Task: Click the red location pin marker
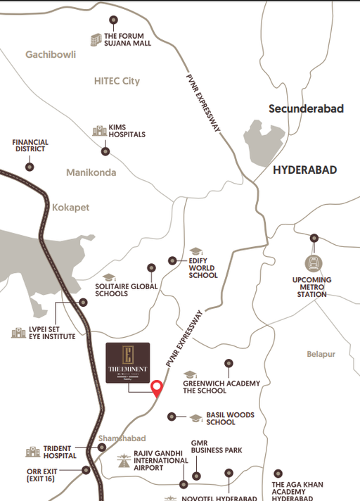[157, 387]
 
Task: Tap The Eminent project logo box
[127, 362]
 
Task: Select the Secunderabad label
[306, 108]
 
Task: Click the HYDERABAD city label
[304, 170]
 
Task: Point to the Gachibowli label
[50, 54]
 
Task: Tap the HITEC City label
[117, 81]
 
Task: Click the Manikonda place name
[90, 172]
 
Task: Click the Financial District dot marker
[30, 167]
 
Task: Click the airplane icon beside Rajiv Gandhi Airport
[124, 462]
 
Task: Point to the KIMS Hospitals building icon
[98, 131]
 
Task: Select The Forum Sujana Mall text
[127, 39]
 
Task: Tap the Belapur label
[321, 354]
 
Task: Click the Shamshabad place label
[121, 438]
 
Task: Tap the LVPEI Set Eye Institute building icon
[17, 332]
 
